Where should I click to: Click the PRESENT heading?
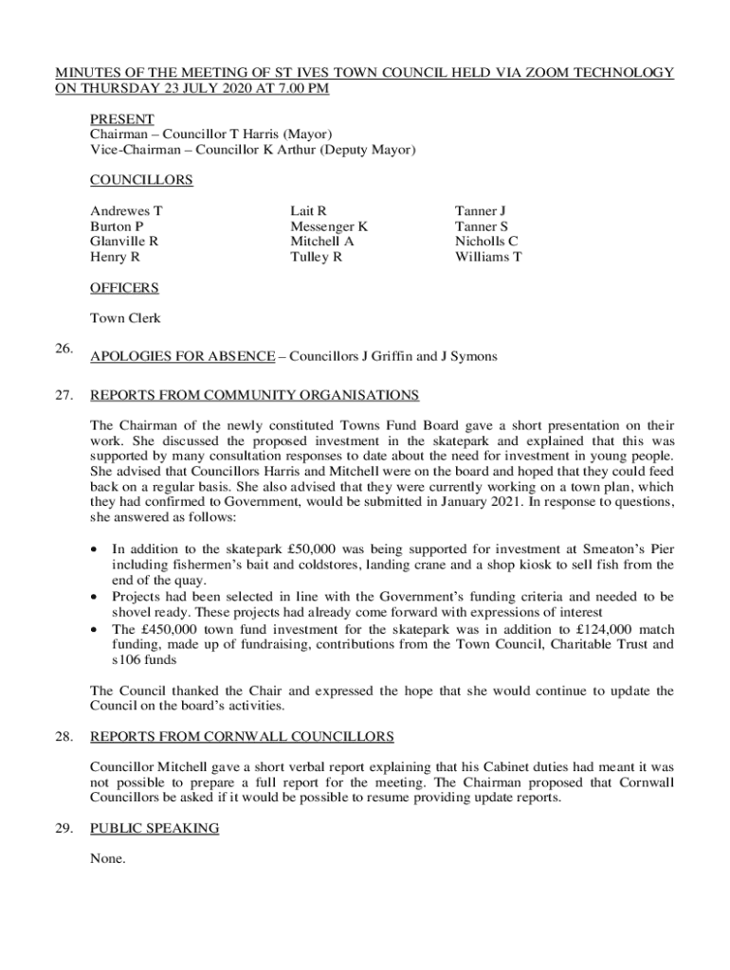point(122,119)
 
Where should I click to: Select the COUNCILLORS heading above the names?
point(141,180)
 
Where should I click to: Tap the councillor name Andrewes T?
point(126,211)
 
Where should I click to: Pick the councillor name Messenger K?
point(329,226)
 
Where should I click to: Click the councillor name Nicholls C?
point(486,242)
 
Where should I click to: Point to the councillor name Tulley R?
point(316,257)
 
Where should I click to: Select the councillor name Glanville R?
point(124,242)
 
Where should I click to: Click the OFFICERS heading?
point(124,288)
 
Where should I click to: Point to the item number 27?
point(64,395)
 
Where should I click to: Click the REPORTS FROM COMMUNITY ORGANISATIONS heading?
point(254,395)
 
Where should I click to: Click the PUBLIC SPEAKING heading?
point(155,829)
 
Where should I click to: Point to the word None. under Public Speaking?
point(108,859)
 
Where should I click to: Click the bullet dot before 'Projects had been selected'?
point(94,598)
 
